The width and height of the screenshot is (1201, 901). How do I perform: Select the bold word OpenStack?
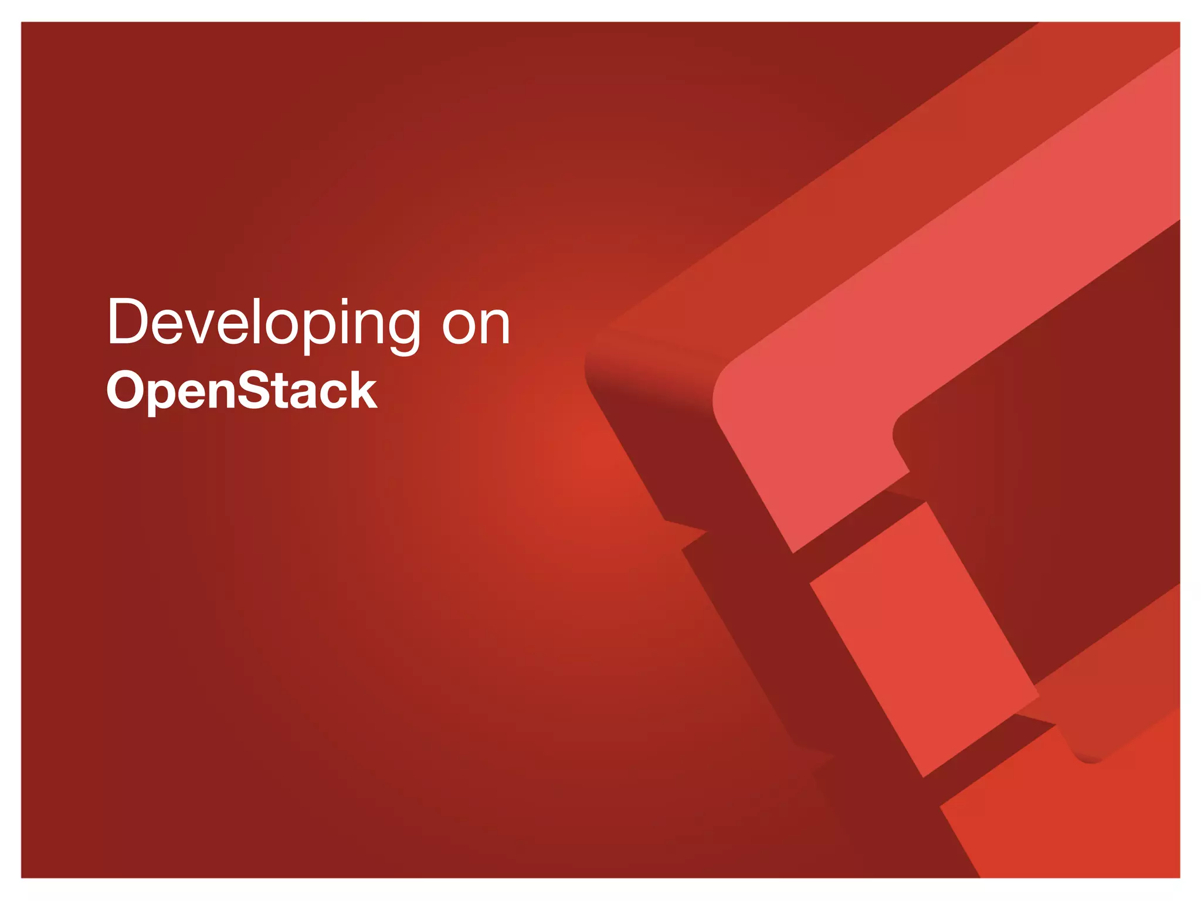pyautogui.click(x=242, y=391)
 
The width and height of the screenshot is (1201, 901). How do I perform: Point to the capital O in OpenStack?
pyautogui.click(x=127, y=391)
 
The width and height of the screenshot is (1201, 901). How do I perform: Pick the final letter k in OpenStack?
pyautogui.click(x=362, y=390)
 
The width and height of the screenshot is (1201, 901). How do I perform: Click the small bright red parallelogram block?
pyautogui.click(x=924, y=639)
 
